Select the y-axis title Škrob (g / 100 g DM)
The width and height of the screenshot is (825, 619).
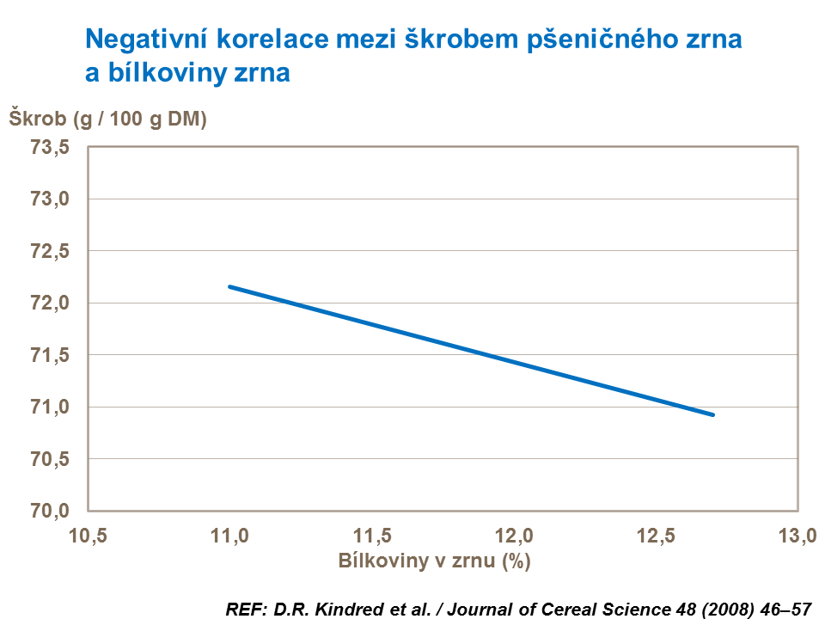click(108, 120)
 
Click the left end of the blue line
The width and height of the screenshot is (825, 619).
click(229, 286)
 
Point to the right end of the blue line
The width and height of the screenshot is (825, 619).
click(713, 414)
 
